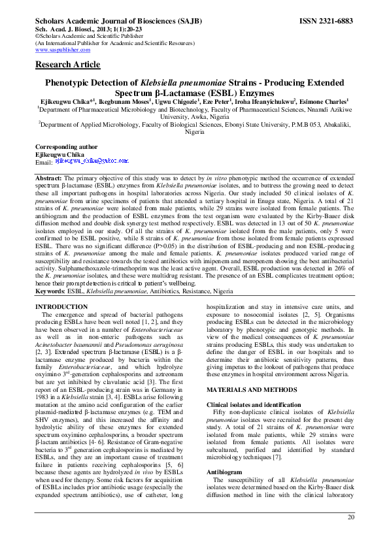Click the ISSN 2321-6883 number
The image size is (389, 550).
coord(326,22)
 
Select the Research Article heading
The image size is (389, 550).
coord(67,65)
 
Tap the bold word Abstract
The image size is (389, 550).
coord(48,178)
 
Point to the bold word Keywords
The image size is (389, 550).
coord(52,291)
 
